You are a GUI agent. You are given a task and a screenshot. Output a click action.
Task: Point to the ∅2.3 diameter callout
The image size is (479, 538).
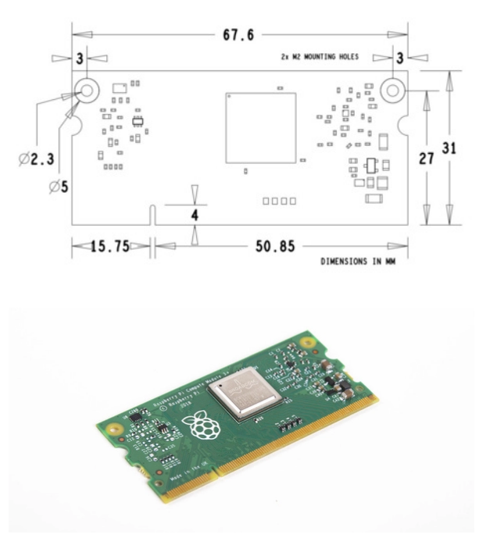point(34,159)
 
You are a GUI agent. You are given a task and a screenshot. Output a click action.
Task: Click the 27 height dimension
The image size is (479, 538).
point(427,159)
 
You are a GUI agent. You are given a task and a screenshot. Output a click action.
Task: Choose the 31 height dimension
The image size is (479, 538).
point(451,148)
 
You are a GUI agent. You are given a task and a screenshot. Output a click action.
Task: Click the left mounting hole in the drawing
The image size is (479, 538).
point(88,91)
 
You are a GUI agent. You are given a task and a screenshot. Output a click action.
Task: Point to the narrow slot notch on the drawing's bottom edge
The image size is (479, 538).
point(154,215)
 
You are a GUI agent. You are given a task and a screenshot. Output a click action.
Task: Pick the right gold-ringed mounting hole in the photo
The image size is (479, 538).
point(315,342)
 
